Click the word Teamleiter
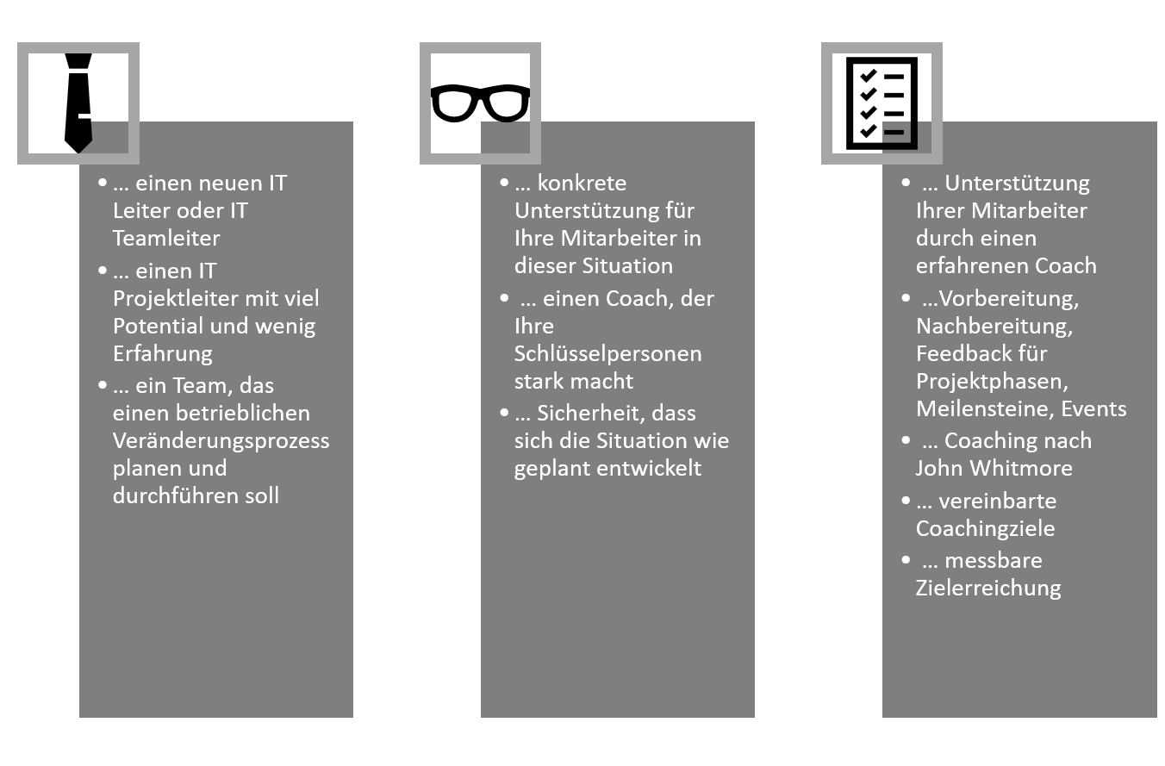[x=166, y=238]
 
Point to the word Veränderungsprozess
[x=221, y=440]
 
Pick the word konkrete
[x=582, y=184]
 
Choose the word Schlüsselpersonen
[x=607, y=353]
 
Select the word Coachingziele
[x=985, y=528]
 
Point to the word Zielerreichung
[x=988, y=588]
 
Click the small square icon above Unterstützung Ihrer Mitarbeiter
[x=897, y=133]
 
